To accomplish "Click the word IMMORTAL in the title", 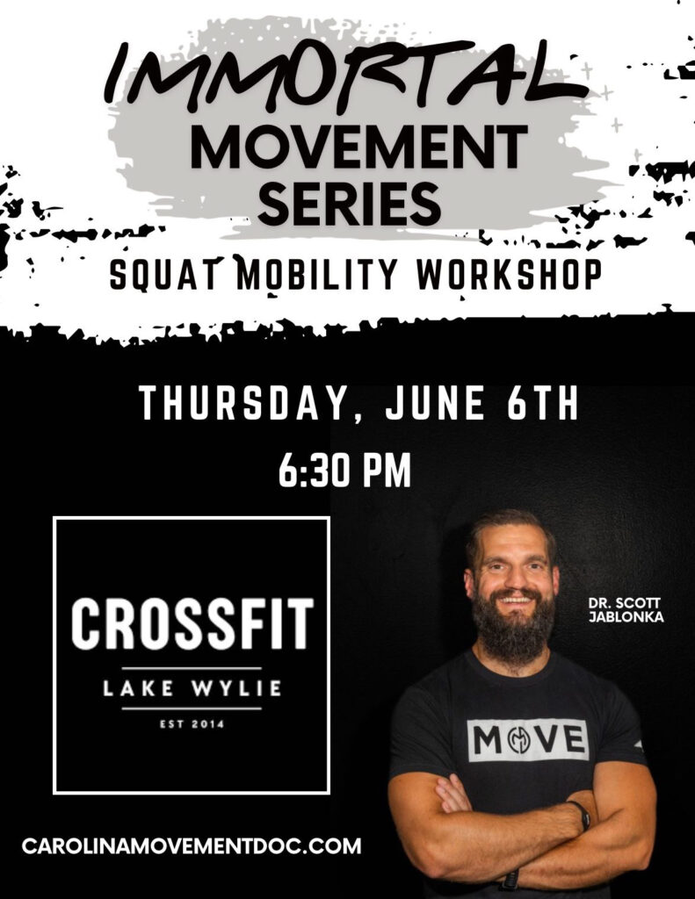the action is click(346, 75).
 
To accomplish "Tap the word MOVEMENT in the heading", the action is click(358, 147).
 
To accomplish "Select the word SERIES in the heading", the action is click(350, 203).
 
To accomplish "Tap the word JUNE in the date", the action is click(436, 404).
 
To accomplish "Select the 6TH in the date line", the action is click(543, 404).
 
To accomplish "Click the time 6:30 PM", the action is click(345, 471).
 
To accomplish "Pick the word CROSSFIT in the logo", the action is click(192, 623).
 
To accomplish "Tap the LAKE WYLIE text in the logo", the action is click(192, 688).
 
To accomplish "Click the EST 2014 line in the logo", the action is click(192, 724).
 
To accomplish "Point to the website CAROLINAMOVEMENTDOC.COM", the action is click(192, 845).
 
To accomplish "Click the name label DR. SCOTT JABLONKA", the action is click(626, 610).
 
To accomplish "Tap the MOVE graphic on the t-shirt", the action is click(529, 740).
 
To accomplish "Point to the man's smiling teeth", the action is click(516, 601).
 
